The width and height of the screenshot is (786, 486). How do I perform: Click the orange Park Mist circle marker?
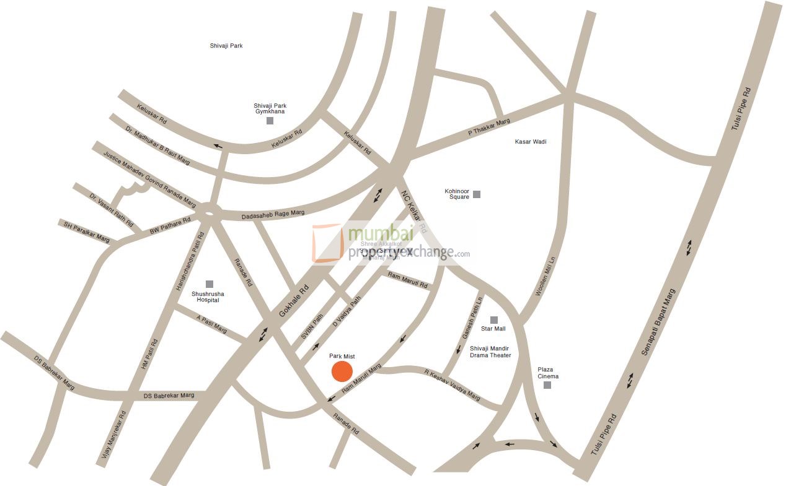pos(342,371)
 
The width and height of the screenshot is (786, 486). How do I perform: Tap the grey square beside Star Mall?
pos(494,319)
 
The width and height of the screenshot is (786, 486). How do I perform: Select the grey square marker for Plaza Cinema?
pos(547,385)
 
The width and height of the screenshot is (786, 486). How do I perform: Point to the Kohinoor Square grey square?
pos(477,194)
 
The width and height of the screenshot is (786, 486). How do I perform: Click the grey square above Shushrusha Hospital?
pos(210,284)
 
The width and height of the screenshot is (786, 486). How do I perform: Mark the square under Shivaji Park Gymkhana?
pos(270,121)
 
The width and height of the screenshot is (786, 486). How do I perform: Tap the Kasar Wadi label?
pos(531,142)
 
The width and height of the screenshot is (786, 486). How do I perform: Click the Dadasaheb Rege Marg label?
pos(273,214)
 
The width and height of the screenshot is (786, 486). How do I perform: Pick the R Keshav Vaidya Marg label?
pos(452,384)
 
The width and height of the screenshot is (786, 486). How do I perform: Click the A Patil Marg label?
pos(211,324)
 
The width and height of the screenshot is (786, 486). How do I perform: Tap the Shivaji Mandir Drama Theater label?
pos(490,352)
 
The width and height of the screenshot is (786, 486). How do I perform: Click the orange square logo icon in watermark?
pos(327,243)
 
